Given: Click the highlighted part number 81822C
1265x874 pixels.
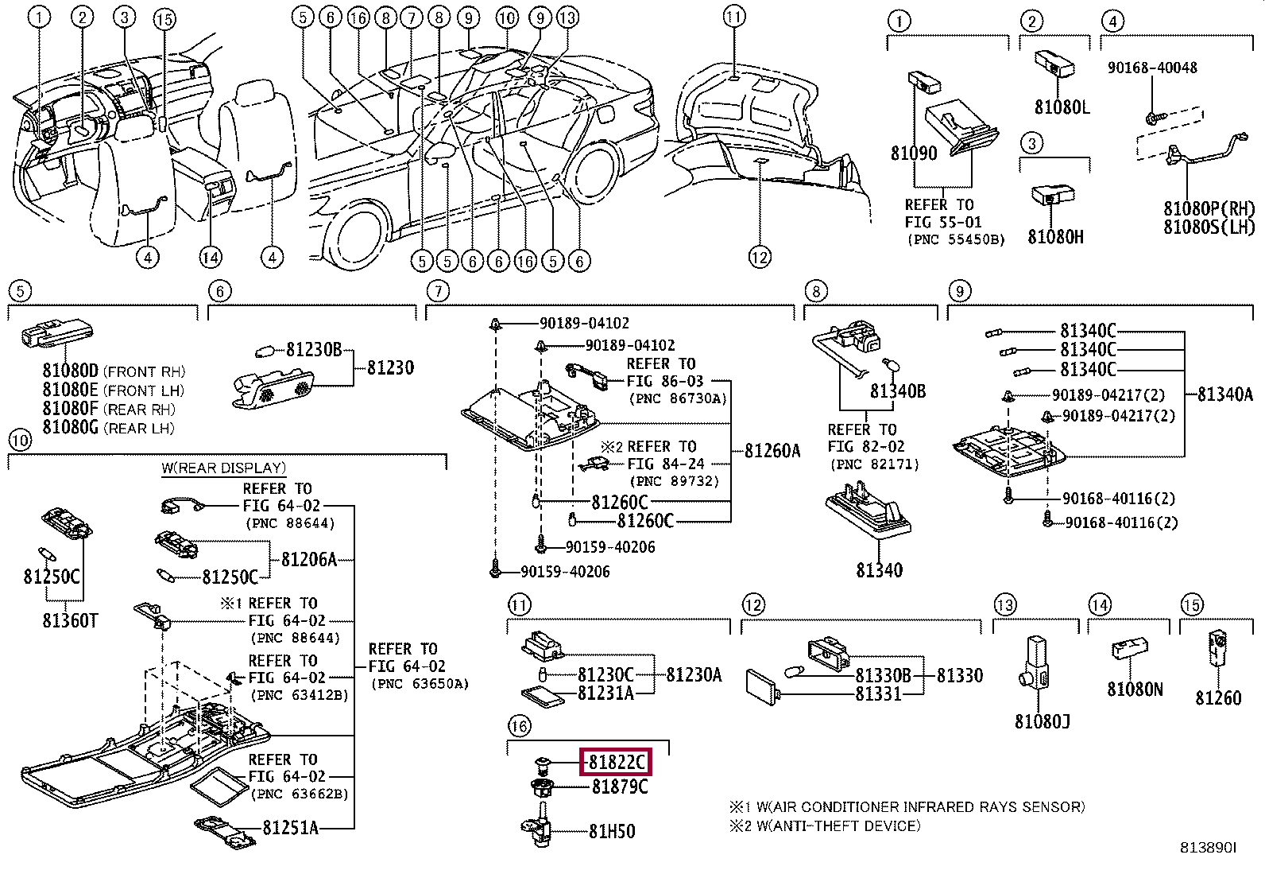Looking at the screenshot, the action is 616,762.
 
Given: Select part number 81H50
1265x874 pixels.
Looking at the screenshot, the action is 612,831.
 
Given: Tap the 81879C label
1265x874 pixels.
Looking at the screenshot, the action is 620,787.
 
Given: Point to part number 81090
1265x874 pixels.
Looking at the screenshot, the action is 914,153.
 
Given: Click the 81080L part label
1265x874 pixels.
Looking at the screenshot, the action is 1062,107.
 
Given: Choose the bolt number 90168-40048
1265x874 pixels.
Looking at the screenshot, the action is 1152,68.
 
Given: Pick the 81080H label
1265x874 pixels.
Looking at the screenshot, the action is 1055,236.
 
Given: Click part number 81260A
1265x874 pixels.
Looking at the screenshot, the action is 772,451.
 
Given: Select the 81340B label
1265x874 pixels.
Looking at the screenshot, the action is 897,390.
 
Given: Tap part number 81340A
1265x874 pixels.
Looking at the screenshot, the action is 1225,394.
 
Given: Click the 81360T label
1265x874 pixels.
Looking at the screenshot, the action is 70,620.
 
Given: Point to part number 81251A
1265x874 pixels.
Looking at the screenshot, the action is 290,828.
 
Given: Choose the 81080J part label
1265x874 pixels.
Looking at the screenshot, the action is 1042,721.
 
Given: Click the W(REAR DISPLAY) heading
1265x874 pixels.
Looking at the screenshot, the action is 223,468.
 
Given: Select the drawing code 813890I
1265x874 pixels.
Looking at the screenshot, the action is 1208,848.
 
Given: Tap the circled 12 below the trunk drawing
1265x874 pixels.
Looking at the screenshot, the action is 760,257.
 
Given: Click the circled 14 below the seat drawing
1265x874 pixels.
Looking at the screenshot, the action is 210,258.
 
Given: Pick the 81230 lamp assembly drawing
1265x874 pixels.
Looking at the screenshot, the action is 273,388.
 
